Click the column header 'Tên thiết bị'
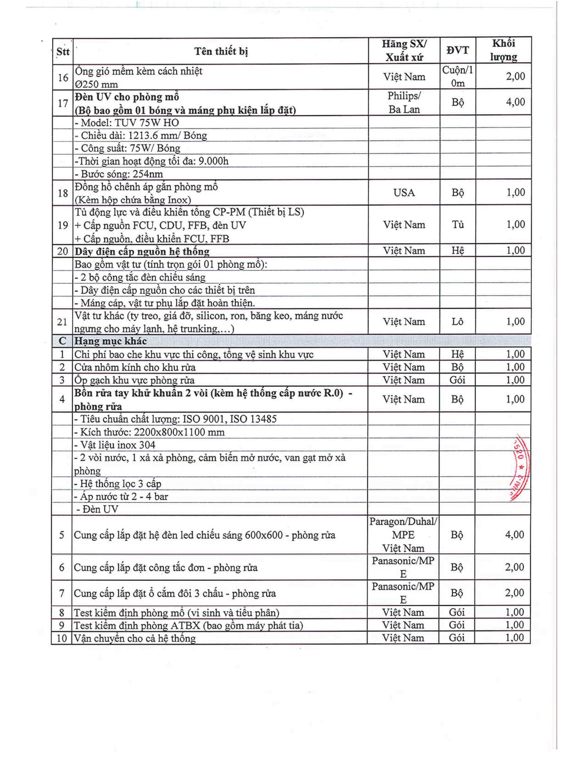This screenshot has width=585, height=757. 221,51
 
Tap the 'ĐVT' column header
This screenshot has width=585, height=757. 457,50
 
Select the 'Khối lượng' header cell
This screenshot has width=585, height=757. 503,50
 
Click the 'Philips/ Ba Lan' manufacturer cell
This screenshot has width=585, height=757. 404,102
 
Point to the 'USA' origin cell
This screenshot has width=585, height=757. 404,193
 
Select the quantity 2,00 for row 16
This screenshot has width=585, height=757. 515,77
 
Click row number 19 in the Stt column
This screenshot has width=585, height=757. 63,225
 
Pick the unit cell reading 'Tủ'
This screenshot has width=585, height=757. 457,224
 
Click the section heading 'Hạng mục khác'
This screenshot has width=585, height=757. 111,341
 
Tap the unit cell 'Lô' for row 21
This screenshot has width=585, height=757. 457,322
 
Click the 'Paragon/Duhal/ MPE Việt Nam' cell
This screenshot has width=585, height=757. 403,535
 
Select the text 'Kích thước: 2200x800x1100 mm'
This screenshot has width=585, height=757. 150,432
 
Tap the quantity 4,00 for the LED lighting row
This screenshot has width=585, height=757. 514,535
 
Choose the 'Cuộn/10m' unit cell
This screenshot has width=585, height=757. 457,77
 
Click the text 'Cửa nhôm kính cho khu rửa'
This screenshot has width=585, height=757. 135,367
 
